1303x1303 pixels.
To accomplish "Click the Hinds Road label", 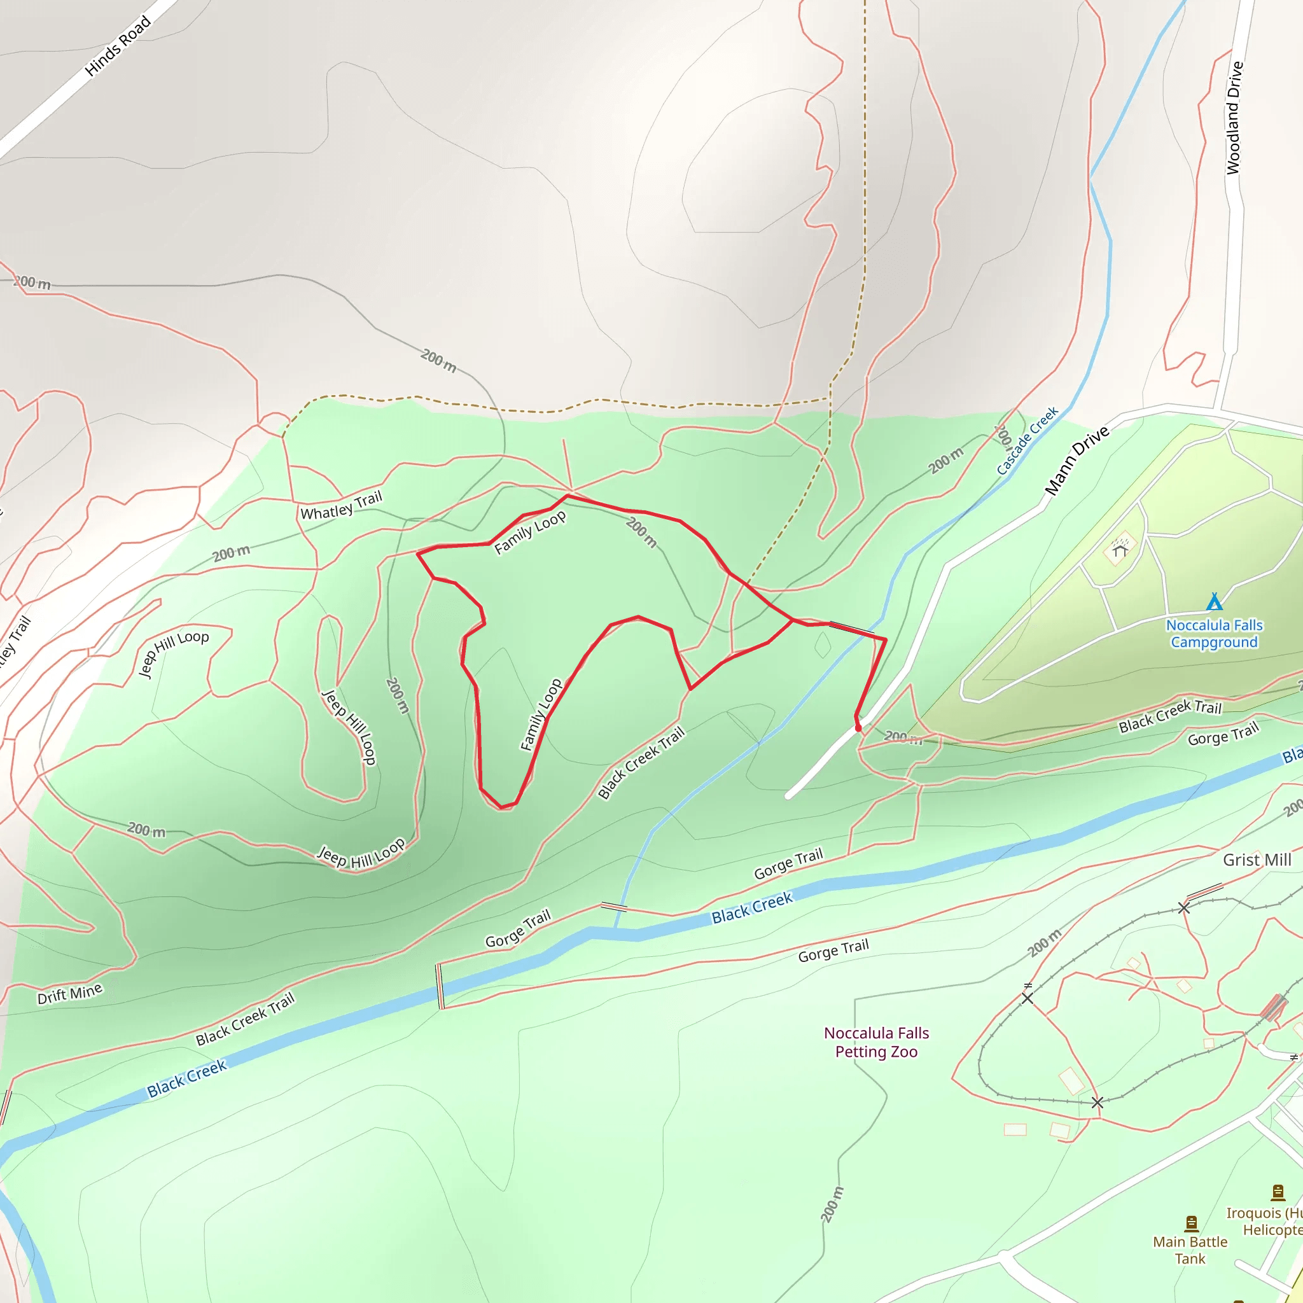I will click(x=118, y=46).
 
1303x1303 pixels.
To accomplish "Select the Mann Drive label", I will click(x=1077, y=460).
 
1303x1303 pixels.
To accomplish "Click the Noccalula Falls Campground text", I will click(x=1214, y=633).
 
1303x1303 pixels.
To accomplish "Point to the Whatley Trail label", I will click(x=341, y=506).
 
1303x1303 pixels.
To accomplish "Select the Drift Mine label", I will click(x=70, y=993).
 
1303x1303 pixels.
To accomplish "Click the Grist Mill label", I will click(x=1257, y=860).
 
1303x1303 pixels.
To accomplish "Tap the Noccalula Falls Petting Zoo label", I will click(x=876, y=1042).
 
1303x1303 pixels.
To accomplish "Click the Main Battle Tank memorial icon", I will click(x=1191, y=1223).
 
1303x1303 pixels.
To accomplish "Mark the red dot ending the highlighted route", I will click(x=858, y=728).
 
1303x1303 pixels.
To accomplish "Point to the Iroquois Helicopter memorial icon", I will click(x=1278, y=1192).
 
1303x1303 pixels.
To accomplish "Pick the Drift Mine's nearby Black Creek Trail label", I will click(x=246, y=1019).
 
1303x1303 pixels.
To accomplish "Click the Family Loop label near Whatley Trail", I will click(x=530, y=533).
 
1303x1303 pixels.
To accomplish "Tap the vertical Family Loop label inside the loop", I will click(x=541, y=715).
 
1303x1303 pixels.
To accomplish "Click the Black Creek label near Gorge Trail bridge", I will click(x=752, y=908).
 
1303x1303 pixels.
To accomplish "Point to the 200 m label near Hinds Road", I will click(x=32, y=282).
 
